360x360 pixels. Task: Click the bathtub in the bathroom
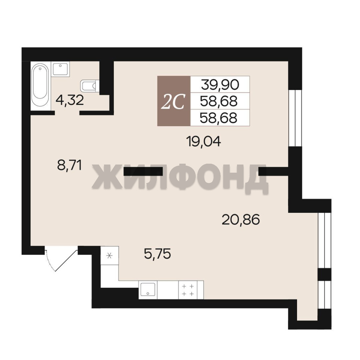[x=40, y=85]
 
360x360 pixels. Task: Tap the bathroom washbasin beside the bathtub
[x=60, y=68]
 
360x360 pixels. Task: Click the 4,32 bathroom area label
[x=70, y=100]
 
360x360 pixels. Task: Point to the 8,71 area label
[x=70, y=165]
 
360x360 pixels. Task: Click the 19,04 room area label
[x=204, y=142]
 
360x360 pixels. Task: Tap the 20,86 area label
[x=241, y=219]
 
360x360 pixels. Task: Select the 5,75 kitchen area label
[x=157, y=254]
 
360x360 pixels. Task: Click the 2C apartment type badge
[x=174, y=101]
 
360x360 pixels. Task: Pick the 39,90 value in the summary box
[x=220, y=84]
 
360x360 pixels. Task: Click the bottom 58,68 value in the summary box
[x=219, y=118]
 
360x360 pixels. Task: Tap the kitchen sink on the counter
[x=148, y=290]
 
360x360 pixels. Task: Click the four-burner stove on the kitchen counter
[x=188, y=290]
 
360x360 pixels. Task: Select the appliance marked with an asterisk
[x=110, y=255]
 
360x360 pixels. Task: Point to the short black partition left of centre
[x=143, y=171]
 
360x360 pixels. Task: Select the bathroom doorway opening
[x=67, y=113]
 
